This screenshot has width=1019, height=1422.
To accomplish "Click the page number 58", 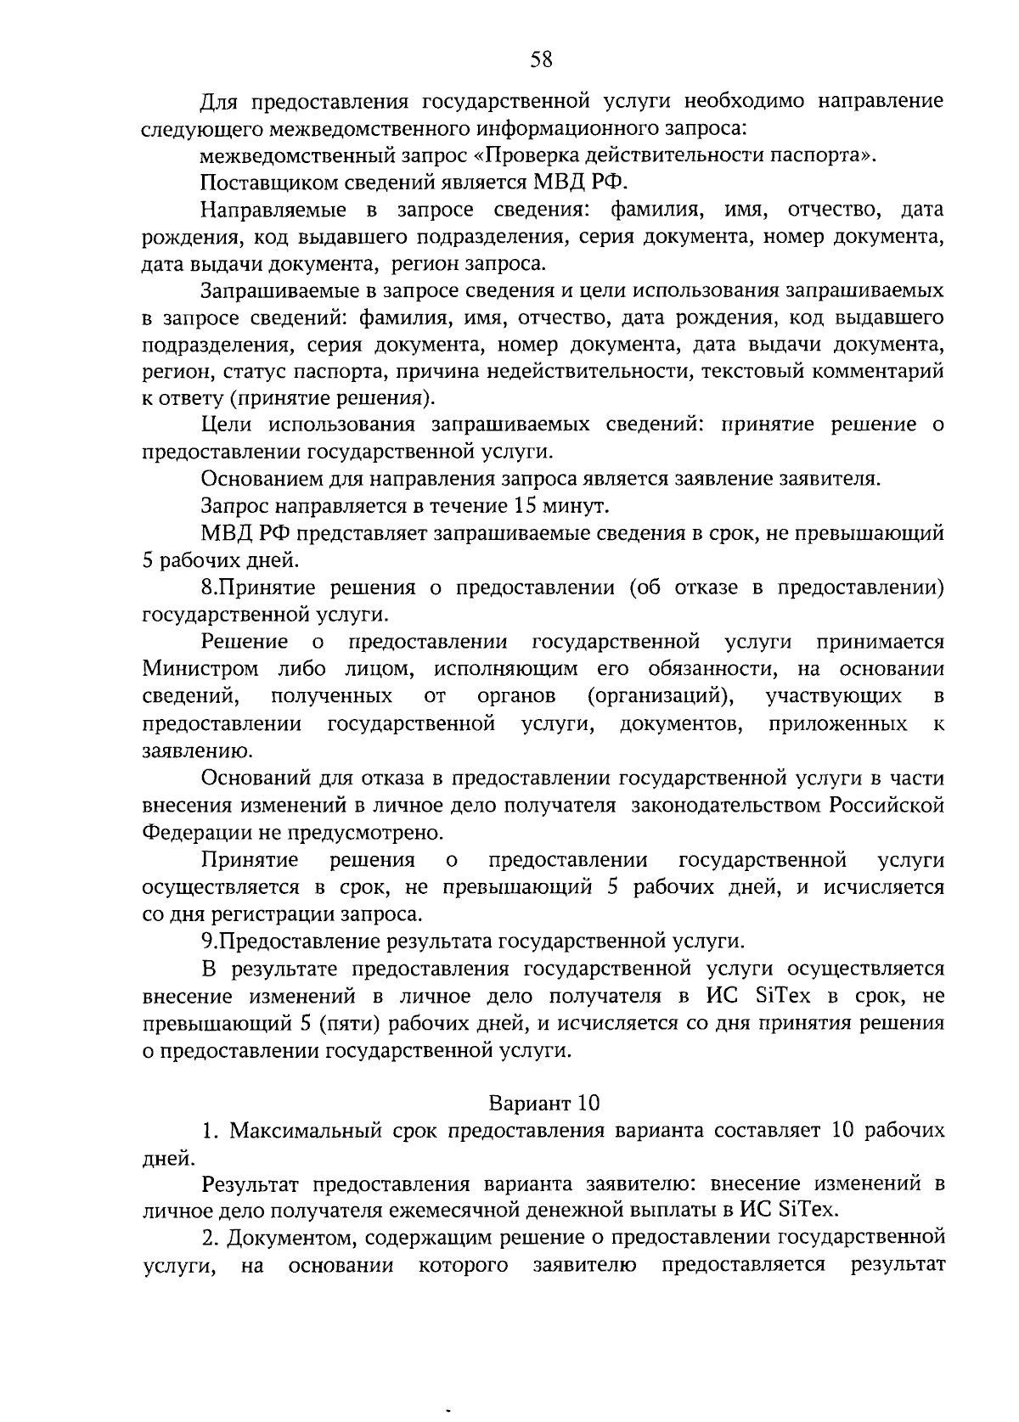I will click(541, 59).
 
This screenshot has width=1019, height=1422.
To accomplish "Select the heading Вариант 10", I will click(543, 1103).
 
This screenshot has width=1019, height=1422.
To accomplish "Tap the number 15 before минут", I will click(524, 506).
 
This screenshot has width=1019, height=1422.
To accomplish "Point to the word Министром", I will click(200, 669).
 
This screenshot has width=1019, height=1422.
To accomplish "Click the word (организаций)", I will click(660, 696).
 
